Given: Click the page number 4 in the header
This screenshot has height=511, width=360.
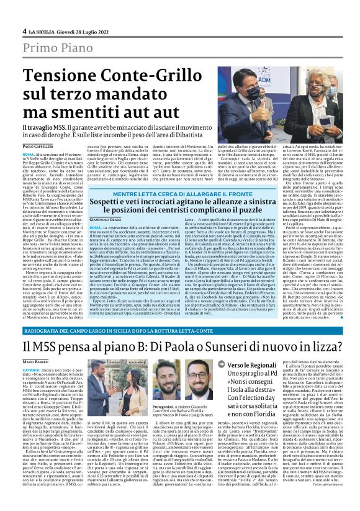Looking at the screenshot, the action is [24, 32].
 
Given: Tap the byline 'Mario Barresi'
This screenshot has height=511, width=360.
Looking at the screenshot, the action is [37, 362].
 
